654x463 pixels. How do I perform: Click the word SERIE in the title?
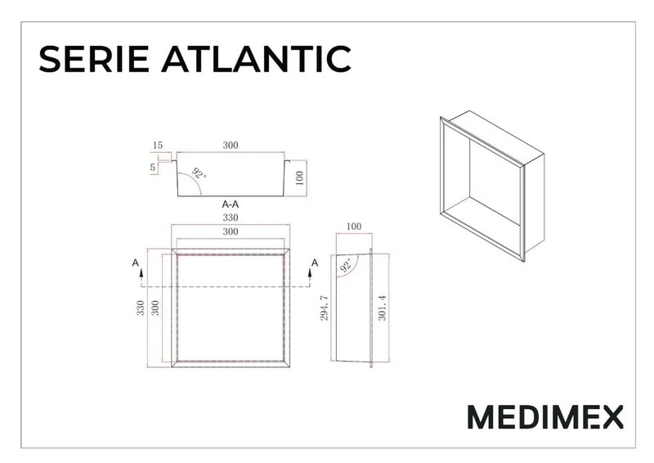(94, 59)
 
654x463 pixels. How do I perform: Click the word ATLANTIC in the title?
(256, 59)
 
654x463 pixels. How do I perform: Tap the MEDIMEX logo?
(545, 416)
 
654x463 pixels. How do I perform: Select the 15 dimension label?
(157, 146)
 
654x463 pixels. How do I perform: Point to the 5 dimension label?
(153, 168)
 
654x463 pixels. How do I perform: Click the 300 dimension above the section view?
(231, 145)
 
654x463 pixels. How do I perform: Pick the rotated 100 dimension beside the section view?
(299, 178)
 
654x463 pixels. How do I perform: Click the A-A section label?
(231, 205)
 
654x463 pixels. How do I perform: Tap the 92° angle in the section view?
(199, 173)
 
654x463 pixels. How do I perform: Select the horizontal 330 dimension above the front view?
(231, 218)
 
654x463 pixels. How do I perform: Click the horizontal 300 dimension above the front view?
(231, 231)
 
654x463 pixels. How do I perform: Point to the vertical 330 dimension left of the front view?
(141, 308)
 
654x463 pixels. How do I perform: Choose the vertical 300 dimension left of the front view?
(155, 308)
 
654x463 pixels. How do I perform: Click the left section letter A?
(135, 263)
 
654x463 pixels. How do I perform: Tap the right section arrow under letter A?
(310, 274)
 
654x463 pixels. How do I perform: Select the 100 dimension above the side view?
(354, 227)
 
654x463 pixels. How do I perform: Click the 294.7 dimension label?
(325, 308)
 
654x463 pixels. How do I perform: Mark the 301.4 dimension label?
(382, 308)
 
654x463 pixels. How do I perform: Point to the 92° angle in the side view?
(346, 265)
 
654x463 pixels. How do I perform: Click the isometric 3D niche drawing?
(492, 187)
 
